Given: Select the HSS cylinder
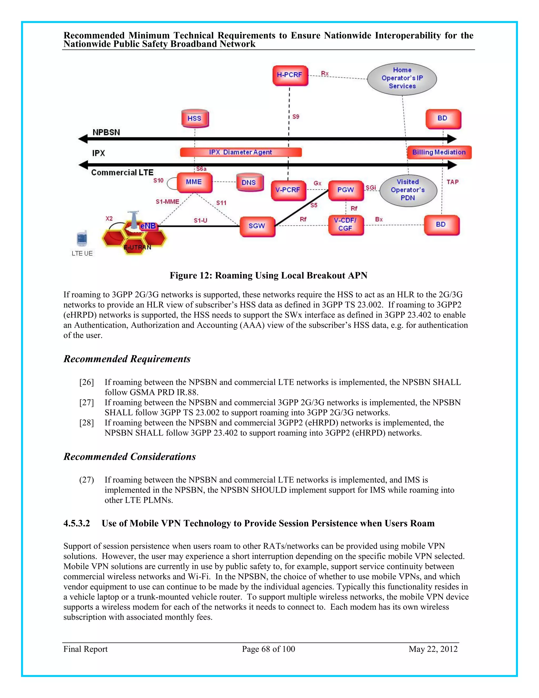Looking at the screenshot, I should (x=194, y=119).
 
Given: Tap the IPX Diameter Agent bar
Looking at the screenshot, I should (x=241, y=152).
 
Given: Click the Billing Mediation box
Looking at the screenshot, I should (x=439, y=152).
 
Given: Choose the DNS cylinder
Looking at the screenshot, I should (x=249, y=183).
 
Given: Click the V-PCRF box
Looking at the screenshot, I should (x=288, y=190).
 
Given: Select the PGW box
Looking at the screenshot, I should (x=346, y=190).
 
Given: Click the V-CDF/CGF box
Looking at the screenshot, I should (x=345, y=224).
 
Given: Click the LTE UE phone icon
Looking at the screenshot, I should (x=82, y=238).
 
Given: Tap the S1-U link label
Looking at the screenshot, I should (x=201, y=220).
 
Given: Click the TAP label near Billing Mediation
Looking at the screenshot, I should (x=452, y=182).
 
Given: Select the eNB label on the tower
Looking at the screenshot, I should (x=148, y=226).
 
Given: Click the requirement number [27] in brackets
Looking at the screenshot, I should (x=87, y=402).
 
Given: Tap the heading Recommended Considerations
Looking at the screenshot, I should (x=130, y=456).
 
